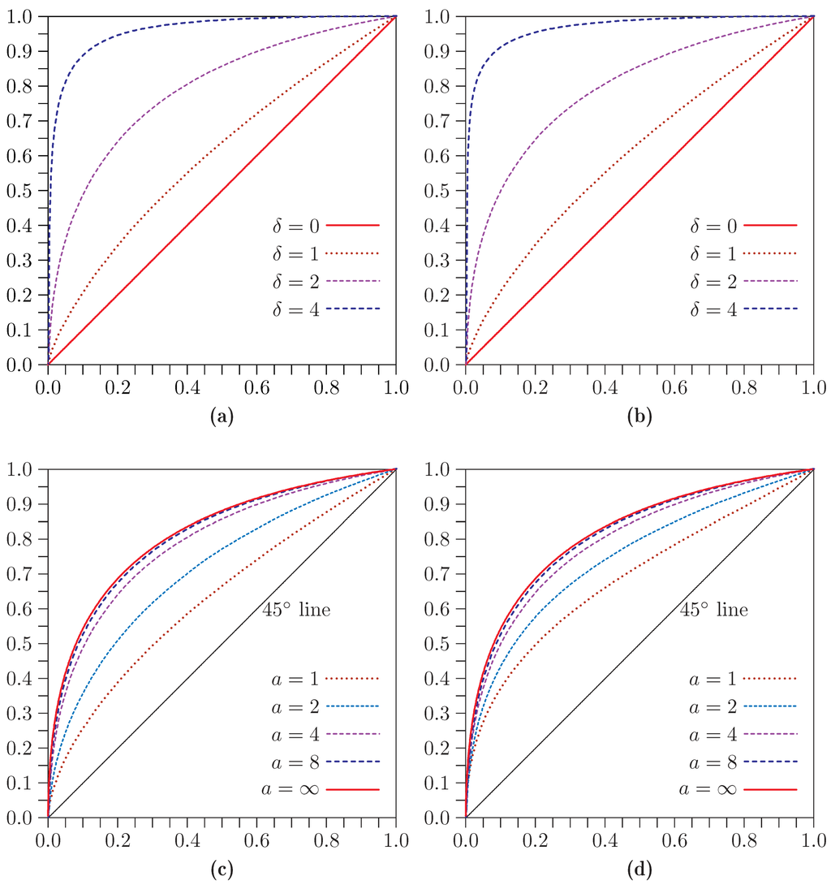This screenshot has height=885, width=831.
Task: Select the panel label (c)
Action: point(222,870)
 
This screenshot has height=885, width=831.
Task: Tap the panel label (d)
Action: point(639,870)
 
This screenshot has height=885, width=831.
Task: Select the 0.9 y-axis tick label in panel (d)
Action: point(436,504)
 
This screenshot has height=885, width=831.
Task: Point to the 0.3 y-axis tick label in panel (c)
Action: point(18,713)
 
